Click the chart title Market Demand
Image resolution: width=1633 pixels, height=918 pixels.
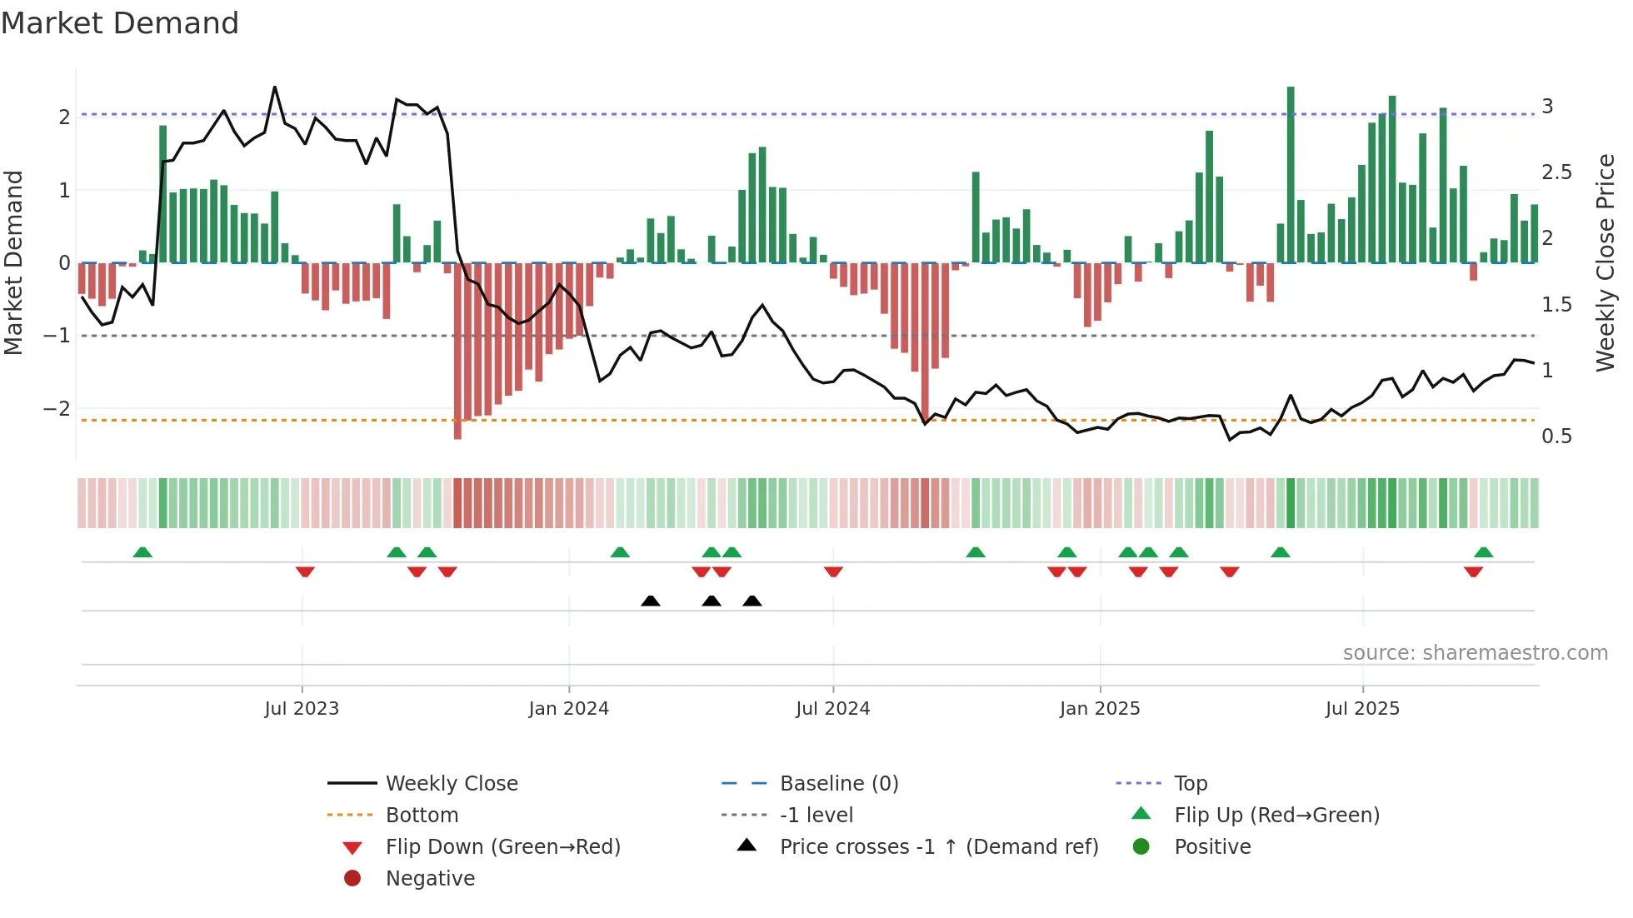tap(120, 23)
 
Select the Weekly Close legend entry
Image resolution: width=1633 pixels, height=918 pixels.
tap(451, 783)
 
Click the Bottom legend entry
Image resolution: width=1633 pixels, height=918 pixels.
tap(422, 815)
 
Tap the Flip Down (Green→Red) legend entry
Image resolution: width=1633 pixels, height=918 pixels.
tap(502, 846)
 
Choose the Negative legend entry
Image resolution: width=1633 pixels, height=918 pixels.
tap(430, 878)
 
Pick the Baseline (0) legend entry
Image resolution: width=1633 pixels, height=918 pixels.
tap(838, 783)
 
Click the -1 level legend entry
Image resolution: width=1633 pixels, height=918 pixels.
tap(816, 815)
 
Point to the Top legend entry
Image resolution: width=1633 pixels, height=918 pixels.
tap(1190, 783)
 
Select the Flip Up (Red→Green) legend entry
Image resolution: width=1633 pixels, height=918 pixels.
tap(1276, 815)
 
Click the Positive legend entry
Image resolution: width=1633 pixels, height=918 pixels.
tap(1212, 846)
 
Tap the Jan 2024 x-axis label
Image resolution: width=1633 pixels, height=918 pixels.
tap(568, 708)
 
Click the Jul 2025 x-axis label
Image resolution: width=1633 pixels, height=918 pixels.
tap(1362, 708)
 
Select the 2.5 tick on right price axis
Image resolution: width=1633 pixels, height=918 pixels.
tap(1556, 172)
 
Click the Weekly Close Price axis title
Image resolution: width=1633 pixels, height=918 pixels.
tap(1605, 262)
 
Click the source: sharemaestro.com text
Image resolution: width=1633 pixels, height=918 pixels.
tap(1475, 652)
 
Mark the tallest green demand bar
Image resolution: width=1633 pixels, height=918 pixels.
tap(1291, 175)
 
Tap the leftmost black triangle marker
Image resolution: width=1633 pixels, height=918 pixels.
tap(651, 601)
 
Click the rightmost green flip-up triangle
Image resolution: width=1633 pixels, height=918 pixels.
tap(1483, 552)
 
